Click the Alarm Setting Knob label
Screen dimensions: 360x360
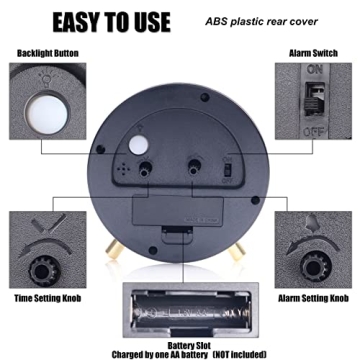coord(313,299)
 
